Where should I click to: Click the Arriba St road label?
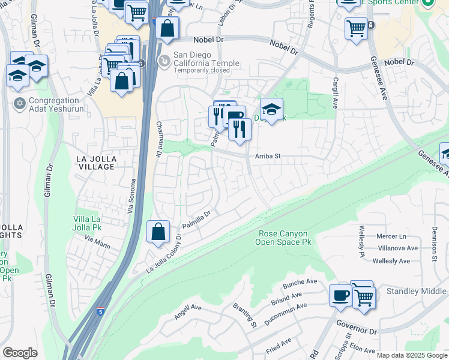[x=269, y=156]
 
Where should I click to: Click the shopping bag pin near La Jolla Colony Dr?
[x=157, y=232]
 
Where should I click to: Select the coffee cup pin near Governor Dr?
[x=340, y=296]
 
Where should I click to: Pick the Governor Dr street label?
[x=356, y=330]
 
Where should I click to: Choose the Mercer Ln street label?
[x=392, y=236]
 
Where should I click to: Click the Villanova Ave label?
[x=397, y=248]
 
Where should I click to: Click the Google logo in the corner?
[x=20, y=353]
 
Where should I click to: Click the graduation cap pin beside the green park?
[x=271, y=110]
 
